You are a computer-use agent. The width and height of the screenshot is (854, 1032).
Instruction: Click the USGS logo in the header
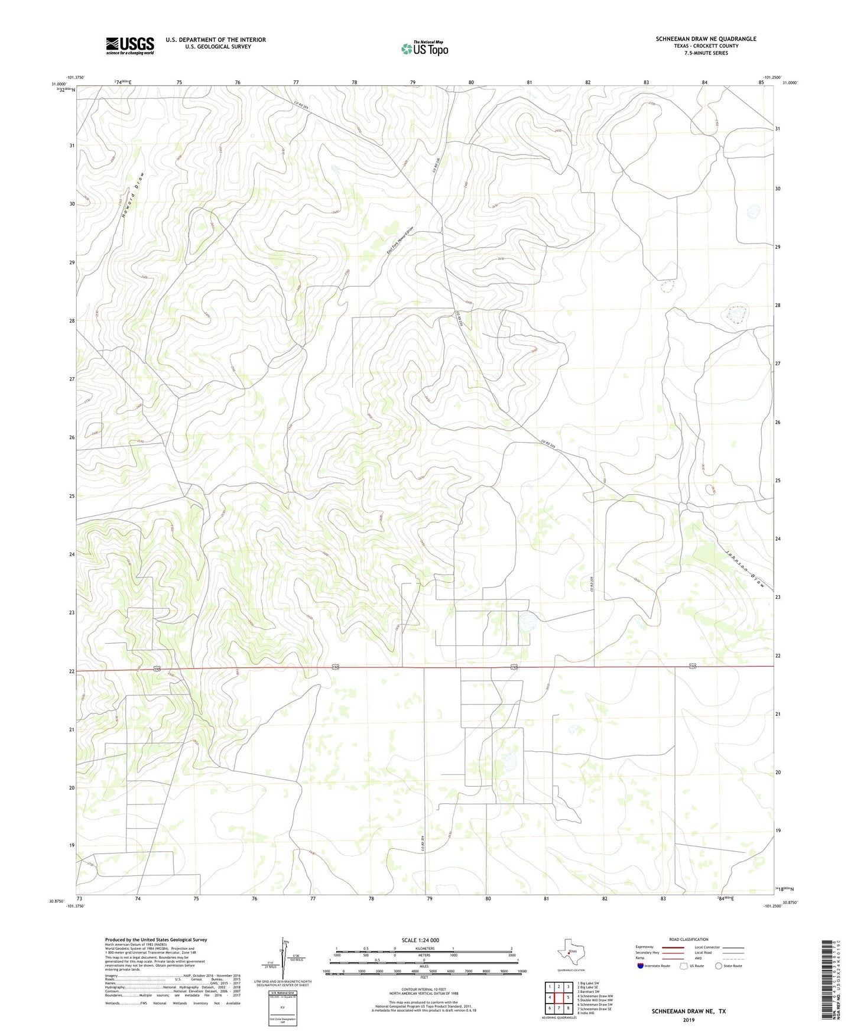pyautogui.click(x=130, y=45)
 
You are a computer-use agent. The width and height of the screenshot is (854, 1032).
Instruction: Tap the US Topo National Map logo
pyautogui.click(x=424, y=48)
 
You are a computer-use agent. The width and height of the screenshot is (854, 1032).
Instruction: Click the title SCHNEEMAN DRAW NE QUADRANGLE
pyautogui.click(x=706, y=39)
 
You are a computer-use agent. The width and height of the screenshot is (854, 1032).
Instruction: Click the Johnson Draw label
pyautogui.click(x=745, y=568)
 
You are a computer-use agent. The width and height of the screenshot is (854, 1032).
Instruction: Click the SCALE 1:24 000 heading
pyautogui.click(x=420, y=940)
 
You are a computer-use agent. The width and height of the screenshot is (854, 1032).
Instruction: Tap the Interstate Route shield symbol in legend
pyautogui.click(x=641, y=966)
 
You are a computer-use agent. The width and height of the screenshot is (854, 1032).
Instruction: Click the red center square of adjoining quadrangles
pyautogui.click(x=558, y=998)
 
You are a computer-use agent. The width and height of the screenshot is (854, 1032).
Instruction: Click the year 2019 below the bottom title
pyautogui.click(x=689, y=1020)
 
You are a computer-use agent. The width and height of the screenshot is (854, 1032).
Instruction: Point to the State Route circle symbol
pyautogui.click(x=719, y=966)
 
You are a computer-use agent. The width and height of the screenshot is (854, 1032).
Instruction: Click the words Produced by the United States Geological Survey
pyautogui.click(x=156, y=939)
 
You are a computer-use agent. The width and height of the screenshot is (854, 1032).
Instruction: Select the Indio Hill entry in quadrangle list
pyautogui.click(x=586, y=1013)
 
